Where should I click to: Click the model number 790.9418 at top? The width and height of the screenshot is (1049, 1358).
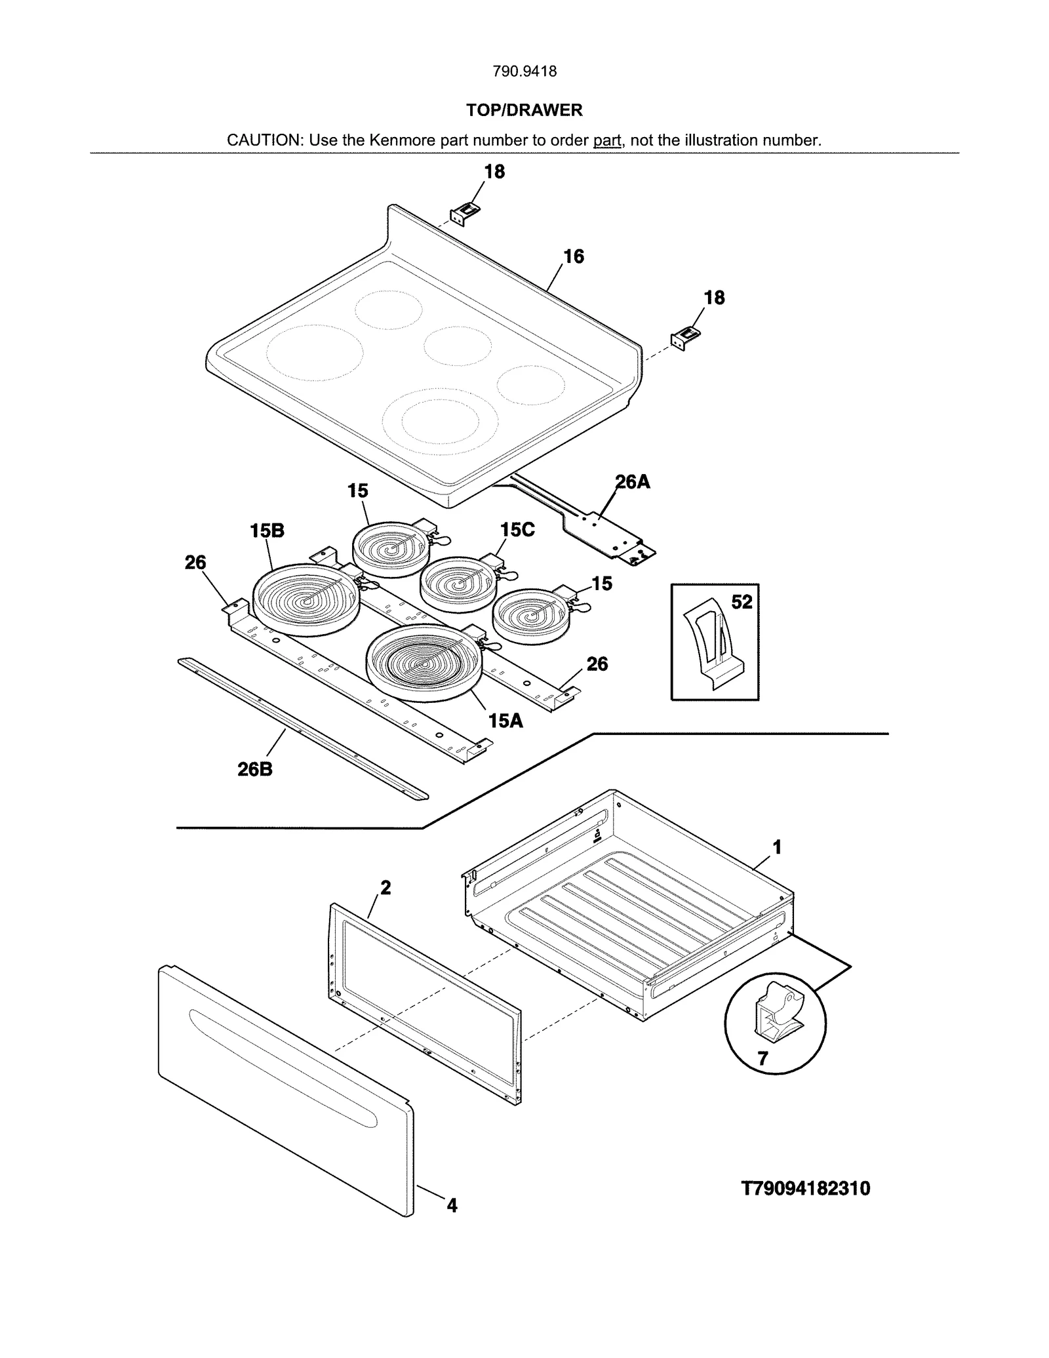pyautogui.click(x=524, y=71)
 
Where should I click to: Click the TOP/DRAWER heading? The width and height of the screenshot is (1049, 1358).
pyautogui.click(x=524, y=110)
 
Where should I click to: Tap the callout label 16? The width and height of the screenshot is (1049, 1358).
pyautogui.click(x=574, y=257)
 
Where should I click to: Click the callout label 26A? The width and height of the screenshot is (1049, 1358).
pyautogui.click(x=633, y=483)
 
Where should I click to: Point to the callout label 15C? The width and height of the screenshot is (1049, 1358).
pyautogui.click(x=517, y=530)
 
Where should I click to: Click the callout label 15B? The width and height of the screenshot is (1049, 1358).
pyautogui.click(x=267, y=531)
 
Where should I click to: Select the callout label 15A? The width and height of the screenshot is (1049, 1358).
pyautogui.click(x=505, y=721)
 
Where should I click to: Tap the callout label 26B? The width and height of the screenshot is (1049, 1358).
pyautogui.click(x=255, y=769)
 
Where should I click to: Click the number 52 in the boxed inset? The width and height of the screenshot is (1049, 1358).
pyautogui.click(x=742, y=602)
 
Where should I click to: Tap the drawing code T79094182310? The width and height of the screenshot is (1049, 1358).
pyautogui.click(x=806, y=1189)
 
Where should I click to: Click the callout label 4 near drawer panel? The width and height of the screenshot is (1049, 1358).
pyautogui.click(x=452, y=1205)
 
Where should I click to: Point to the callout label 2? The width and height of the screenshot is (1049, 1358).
pyautogui.click(x=386, y=888)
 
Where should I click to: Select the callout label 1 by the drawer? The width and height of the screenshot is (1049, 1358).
pyautogui.click(x=777, y=848)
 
